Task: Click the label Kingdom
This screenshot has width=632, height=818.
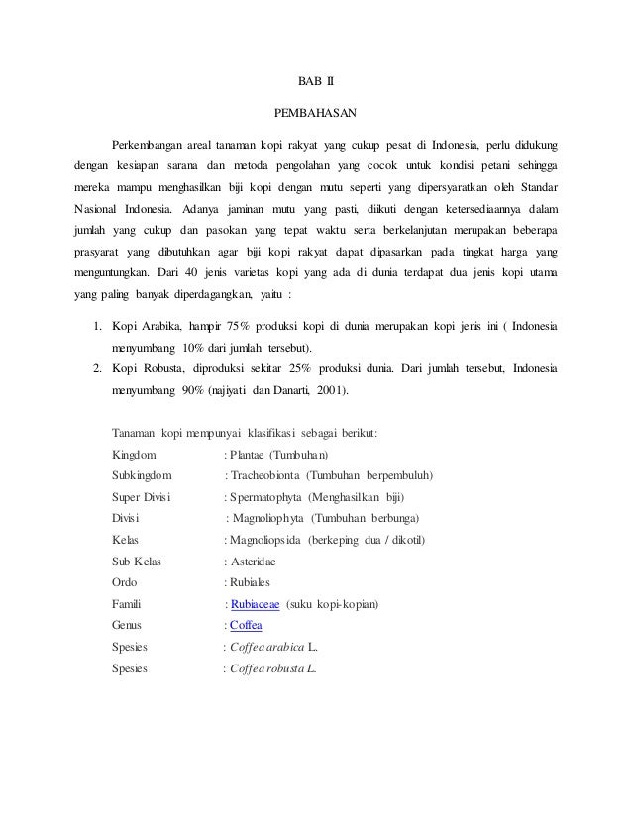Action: (x=134, y=455)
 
